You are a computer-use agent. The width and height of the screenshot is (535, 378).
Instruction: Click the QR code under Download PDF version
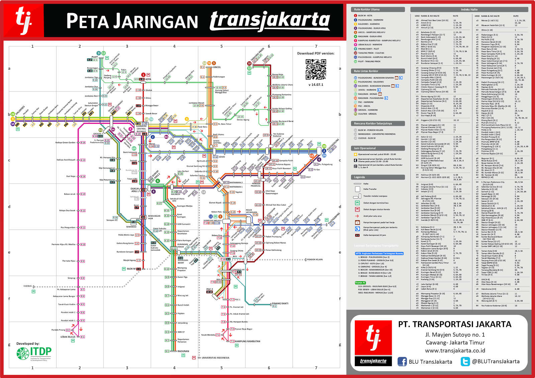pos(316,69)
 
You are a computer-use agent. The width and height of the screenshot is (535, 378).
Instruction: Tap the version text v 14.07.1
pos(316,85)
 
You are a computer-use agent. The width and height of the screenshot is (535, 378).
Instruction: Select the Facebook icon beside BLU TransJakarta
pos(402,361)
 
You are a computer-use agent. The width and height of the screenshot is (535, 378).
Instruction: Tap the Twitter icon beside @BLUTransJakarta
pos(465,361)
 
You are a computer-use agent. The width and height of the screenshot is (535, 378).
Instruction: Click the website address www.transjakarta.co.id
pos(455,351)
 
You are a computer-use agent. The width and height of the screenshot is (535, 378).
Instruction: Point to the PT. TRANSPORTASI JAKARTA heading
pos(455,324)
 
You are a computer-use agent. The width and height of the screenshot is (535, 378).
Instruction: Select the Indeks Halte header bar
pos(469,10)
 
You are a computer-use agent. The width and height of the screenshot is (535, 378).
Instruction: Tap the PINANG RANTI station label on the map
pos(280,304)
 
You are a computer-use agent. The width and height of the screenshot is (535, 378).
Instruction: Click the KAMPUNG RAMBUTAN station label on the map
pos(247,341)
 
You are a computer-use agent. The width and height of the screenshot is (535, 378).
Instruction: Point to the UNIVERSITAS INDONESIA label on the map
pos(215,358)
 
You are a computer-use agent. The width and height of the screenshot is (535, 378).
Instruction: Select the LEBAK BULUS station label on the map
pos(68,337)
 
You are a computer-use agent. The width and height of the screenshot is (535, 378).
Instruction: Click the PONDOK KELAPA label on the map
pos(315,259)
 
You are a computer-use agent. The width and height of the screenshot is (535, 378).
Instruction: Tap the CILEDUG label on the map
pos(27,286)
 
